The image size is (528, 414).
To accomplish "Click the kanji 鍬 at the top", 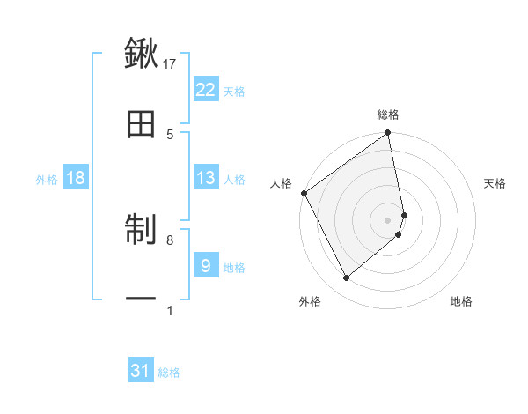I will tap(141, 55).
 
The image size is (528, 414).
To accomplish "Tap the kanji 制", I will tap(141, 231).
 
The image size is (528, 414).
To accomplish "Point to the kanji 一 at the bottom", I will tap(141, 299).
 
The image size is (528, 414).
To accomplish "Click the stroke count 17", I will tap(170, 63).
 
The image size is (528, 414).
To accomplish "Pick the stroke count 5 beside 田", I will tap(170, 134).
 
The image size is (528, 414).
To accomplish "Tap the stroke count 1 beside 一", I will tap(170, 310).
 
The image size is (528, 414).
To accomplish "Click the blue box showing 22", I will tap(205, 90).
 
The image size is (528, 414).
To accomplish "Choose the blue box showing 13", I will tap(205, 178).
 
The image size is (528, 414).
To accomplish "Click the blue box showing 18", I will tap(76, 178).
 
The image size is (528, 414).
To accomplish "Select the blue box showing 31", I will tap(141, 371).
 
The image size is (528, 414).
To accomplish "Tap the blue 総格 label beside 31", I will tap(169, 373).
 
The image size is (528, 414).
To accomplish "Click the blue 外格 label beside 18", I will tap(47, 180).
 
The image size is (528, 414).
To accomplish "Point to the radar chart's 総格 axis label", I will tap(388, 115).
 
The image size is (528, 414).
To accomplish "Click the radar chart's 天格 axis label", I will tap(495, 183).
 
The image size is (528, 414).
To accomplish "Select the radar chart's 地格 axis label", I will tap(461, 301).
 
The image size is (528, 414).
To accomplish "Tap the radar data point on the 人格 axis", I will tap(304, 193).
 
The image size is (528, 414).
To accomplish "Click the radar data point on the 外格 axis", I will tap(346, 278).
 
